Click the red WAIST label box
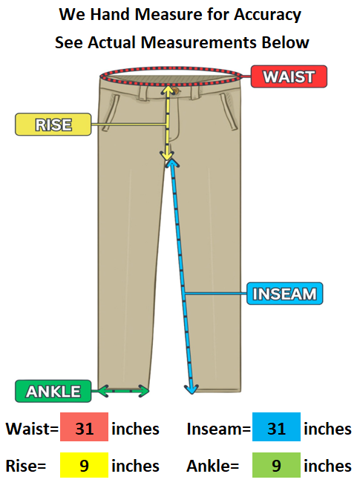coord(289,76)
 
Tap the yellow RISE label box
coord(53,125)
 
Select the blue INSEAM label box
coord(284,294)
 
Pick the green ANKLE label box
coord(53,391)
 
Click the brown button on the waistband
coord(176,91)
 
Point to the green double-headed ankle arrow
coord(123,391)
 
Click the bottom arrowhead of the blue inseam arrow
coord(192,389)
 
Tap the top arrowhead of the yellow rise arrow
coord(168,90)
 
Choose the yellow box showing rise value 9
coord(85,465)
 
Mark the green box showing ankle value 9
coord(276,465)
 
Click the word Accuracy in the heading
coord(267,15)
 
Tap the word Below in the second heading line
coord(286,42)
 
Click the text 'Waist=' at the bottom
coord(32,429)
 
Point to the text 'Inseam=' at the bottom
coord(219,429)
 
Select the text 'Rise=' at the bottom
coord(26,466)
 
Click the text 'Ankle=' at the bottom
coord(213,466)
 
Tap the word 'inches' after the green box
coord(328,466)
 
